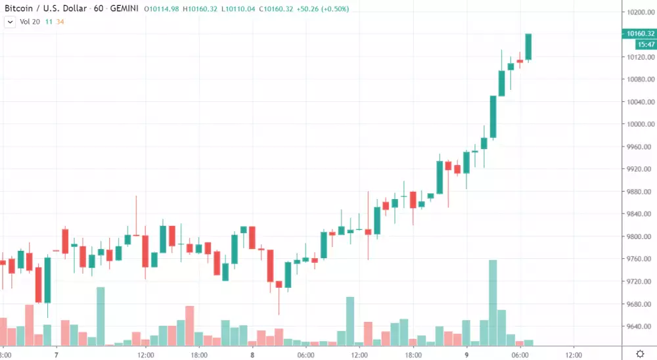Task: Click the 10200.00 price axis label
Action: click(639, 12)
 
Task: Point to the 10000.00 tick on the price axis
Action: click(639, 125)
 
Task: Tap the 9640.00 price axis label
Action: click(639, 326)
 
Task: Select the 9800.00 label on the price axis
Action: click(639, 237)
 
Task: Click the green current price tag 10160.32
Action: click(641, 34)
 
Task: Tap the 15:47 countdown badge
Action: click(645, 45)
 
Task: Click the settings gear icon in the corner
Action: click(641, 353)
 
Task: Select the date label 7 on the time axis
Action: click(57, 354)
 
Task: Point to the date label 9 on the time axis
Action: click(467, 354)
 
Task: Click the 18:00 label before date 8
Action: click(198, 354)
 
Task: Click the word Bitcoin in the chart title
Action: click(19, 9)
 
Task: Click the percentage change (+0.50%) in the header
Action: click(331, 9)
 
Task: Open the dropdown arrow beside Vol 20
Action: click(10, 22)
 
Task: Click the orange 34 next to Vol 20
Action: click(60, 22)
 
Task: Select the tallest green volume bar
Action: click(493, 302)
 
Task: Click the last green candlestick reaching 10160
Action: click(528, 47)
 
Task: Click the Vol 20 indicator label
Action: click(31, 22)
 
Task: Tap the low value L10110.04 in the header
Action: click(241, 9)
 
